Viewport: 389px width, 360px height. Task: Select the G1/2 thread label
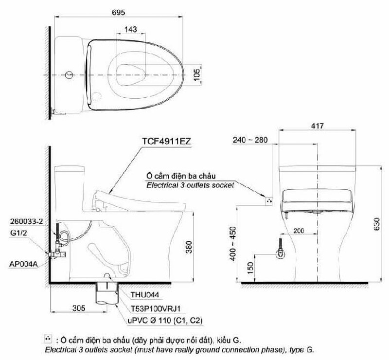click(x=17, y=233)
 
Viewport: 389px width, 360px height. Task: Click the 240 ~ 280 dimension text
click(x=250, y=140)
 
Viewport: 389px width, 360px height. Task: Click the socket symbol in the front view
click(x=268, y=199)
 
